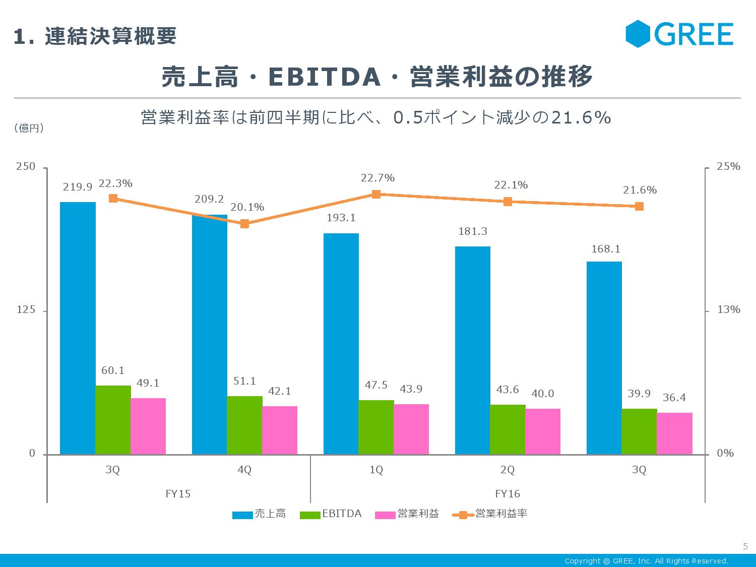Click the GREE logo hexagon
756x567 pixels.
pyautogui.click(x=639, y=34)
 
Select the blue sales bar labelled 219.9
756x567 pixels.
pyautogui.click(x=78, y=328)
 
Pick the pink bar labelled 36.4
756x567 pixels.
pyautogui.click(x=674, y=433)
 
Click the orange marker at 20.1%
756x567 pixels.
pyautogui.click(x=244, y=224)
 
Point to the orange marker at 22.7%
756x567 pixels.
pyautogui.click(x=376, y=194)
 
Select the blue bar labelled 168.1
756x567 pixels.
pyautogui.click(x=604, y=358)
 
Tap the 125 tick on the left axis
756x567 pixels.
pyautogui.click(x=26, y=309)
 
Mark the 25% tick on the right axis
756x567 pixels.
pyautogui.click(x=728, y=166)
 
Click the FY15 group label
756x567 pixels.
pyautogui.click(x=178, y=493)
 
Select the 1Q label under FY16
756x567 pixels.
pyautogui.click(x=376, y=470)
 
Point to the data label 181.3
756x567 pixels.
pyautogui.click(x=472, y=231)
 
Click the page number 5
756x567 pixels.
pyautogui.click(x=745, y=546)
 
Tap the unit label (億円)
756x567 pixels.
pyautogui.click(x=29, y=128)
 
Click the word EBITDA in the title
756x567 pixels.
pyautogui.click(x=324, y=77)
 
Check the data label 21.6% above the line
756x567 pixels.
pyautogui.click(x=640, y=190)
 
